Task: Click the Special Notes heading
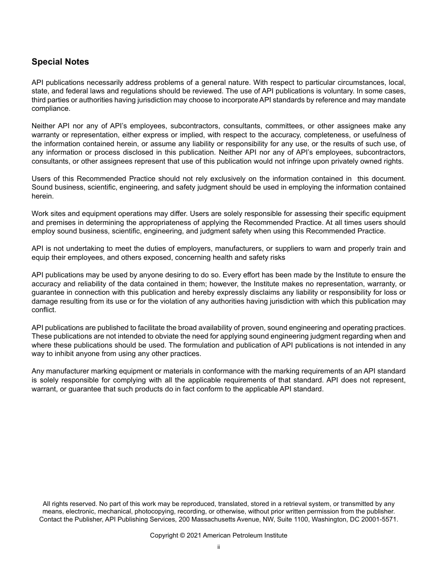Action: [x=60, y=62]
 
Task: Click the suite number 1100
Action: [x=299, y=519]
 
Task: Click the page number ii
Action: [x=218, y=547]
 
